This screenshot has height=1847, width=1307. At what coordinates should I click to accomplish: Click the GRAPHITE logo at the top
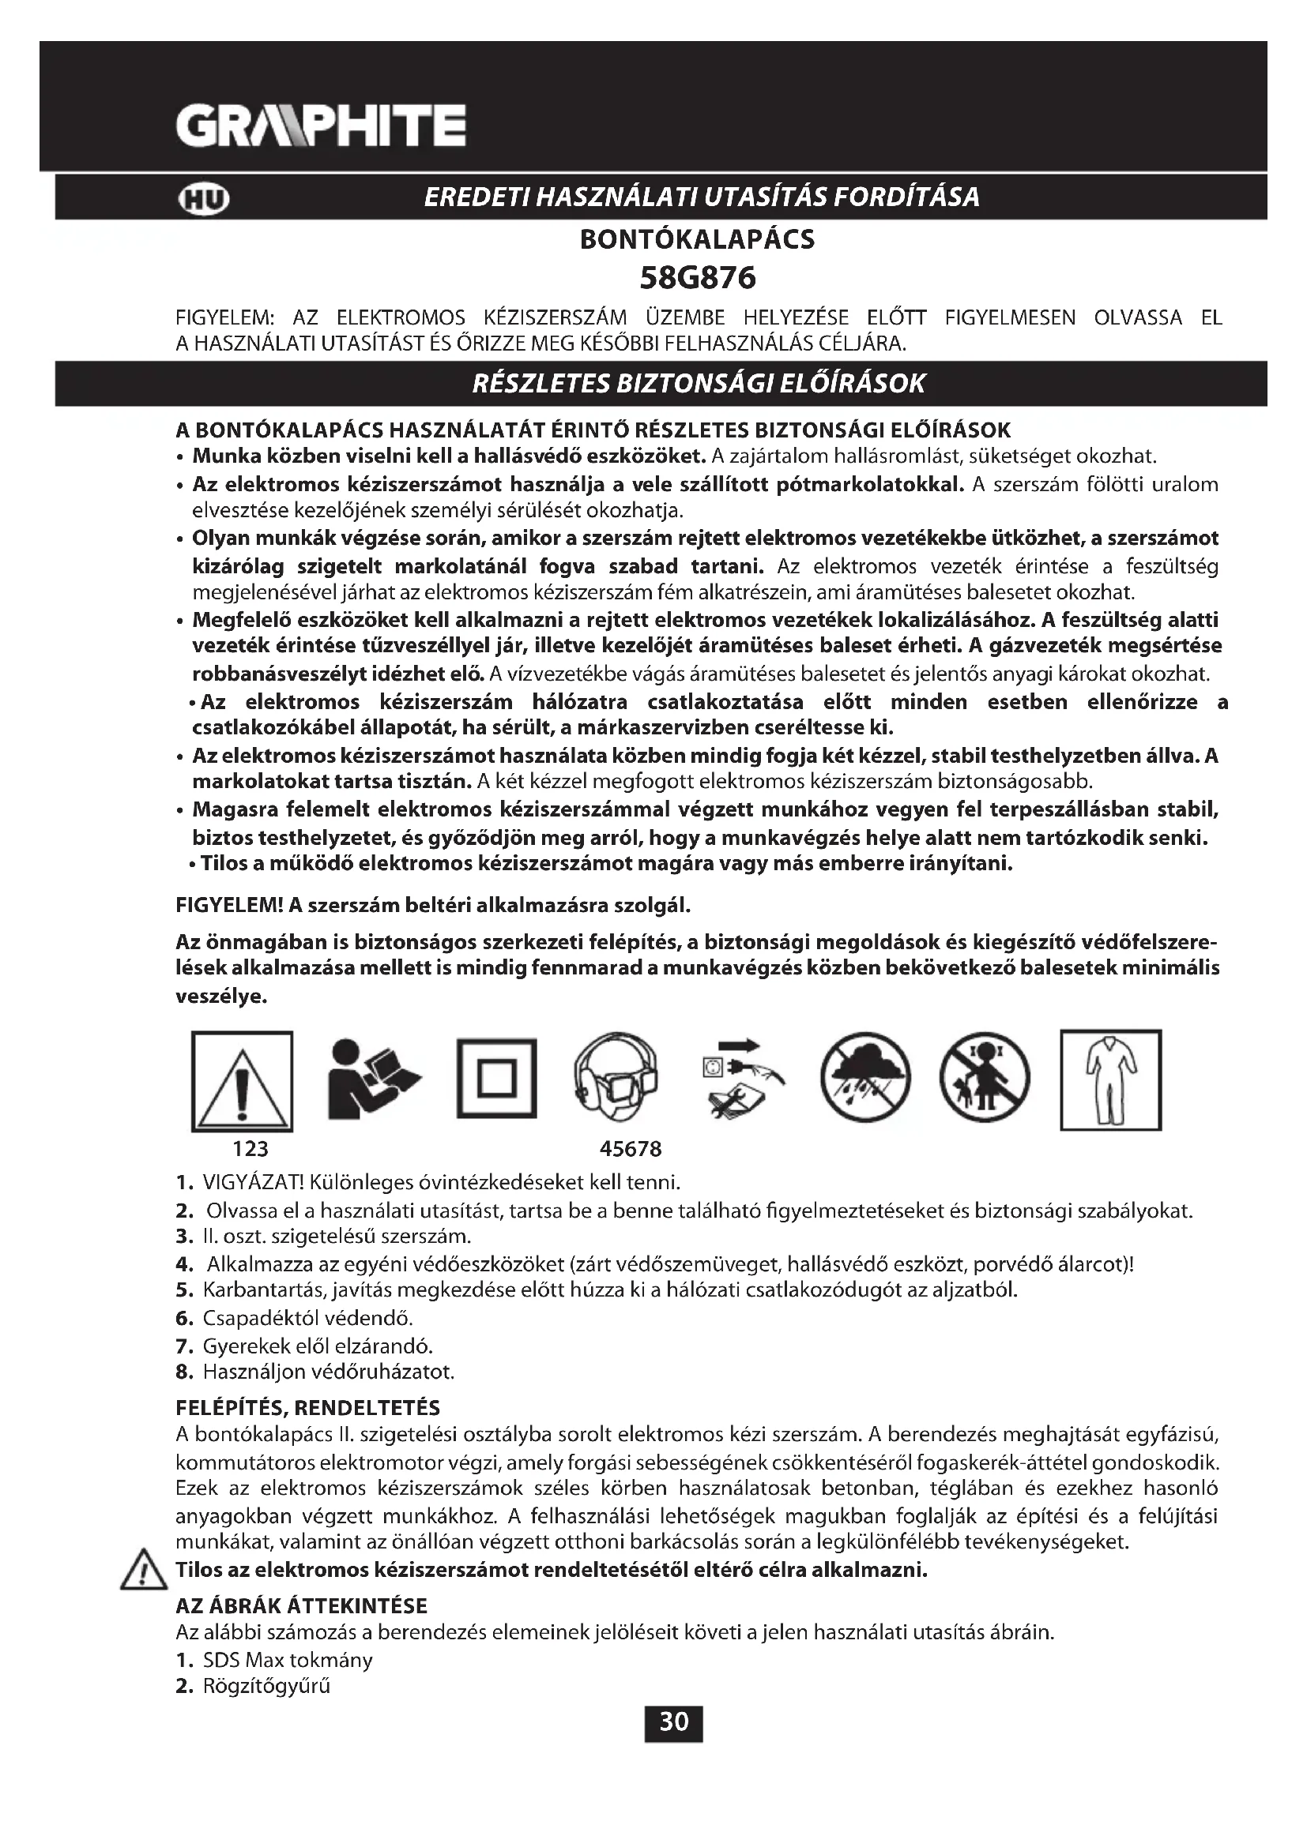coord(320,126)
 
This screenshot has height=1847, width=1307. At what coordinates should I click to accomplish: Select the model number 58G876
coord(697,278)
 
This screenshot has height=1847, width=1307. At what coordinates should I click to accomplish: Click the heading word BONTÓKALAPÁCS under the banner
coord(697,240)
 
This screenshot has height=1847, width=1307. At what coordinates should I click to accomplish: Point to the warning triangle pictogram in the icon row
coord(243,1081)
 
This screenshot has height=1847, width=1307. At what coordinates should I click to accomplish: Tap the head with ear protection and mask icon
coord(616,1078)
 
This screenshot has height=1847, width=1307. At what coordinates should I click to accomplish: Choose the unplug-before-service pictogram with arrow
coord(741,1078)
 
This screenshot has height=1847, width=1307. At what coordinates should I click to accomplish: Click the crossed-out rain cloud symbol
coord(865,1078)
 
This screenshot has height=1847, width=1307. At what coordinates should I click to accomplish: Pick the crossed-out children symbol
coord(985,1078)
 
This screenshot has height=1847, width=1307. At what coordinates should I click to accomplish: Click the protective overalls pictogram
coord(1110,1079)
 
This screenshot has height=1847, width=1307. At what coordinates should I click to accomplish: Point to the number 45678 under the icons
coord(630,1150)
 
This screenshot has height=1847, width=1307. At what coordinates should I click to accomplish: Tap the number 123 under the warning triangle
coord(250,1150)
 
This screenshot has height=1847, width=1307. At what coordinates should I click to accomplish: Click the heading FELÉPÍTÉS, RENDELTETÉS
coord(308,1409)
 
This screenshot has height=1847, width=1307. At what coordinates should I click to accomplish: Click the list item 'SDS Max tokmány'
coord(288,1661)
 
